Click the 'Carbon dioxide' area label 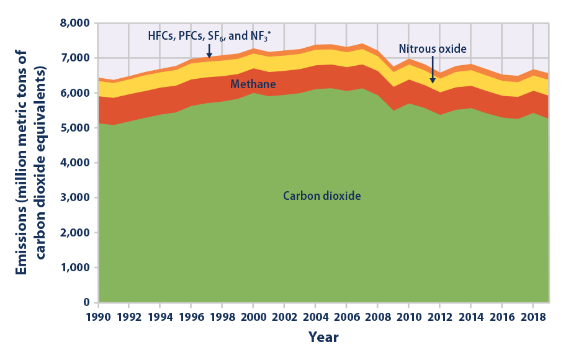tap(322, 196)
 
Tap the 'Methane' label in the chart tap(253, 83)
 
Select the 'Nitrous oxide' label tap(432, 48)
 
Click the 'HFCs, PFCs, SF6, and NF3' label tap(209, 35)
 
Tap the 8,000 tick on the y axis tap(76, 23)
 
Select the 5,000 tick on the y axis tap(76, 128)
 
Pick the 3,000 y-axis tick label tap(76, 198)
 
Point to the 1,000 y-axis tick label tap(76, 268)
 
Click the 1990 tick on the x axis tap(98, 317)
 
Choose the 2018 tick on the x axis tap(533, 317)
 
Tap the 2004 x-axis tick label tap(315, 317)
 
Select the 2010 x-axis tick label tap(408, 317)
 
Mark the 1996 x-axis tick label tap(191, 317)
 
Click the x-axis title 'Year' tap(323, 338)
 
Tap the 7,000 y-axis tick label tap(76, 58)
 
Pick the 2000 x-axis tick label tap(253, 317)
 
